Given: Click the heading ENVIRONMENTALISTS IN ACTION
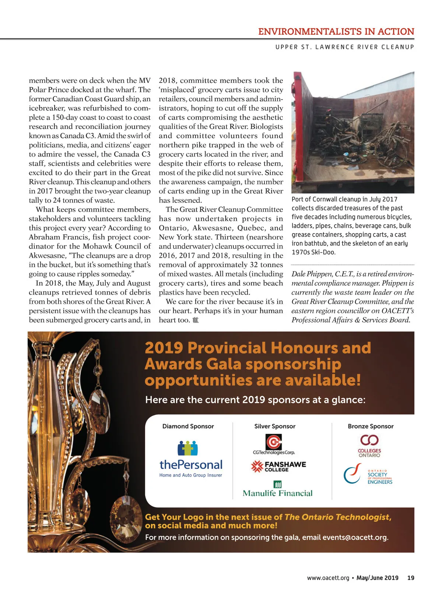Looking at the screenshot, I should [x=336, y=32].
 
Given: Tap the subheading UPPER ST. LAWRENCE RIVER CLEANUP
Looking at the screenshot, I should [x=345, y=47].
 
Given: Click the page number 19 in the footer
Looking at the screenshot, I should [x=411, y=578].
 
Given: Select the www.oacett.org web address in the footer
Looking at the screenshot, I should [x=328, y=578].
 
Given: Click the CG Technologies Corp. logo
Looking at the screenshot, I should [x=274, y=444].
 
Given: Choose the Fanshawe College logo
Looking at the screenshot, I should [x=278, y=467].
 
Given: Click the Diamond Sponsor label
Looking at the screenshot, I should [x=188, y=426].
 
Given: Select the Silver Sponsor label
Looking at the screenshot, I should [x=275, y=426].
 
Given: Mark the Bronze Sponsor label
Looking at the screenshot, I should [x=371, y=426].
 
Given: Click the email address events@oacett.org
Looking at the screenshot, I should [x=354, y=537].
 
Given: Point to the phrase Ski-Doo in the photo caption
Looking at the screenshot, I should [x=324, y=252].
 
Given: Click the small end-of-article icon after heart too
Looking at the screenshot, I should [x=196, y=320].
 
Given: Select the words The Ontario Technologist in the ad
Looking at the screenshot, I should [x=337, y=517].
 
